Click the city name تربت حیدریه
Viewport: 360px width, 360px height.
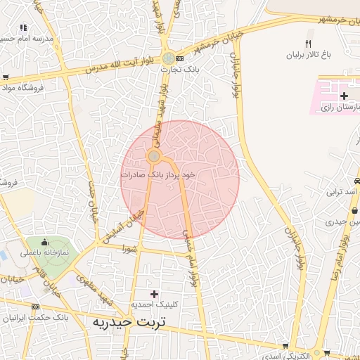(x=128, y=321)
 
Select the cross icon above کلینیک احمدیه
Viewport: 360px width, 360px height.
(x=155, y=292)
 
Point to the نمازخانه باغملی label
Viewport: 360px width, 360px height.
(x=44, y=252)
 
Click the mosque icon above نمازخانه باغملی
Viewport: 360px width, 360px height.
(x=45, y=241)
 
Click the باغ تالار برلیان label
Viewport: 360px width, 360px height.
(x=307, y=55)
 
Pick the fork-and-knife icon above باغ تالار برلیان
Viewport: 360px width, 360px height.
(x=308, y=44)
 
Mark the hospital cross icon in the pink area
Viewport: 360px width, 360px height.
(x=343, y=96)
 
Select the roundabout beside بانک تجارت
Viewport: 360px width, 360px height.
(x=168, y=58)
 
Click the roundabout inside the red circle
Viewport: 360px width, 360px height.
(x=154, y=155)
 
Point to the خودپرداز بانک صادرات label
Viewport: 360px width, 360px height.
(x=157, y=173)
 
